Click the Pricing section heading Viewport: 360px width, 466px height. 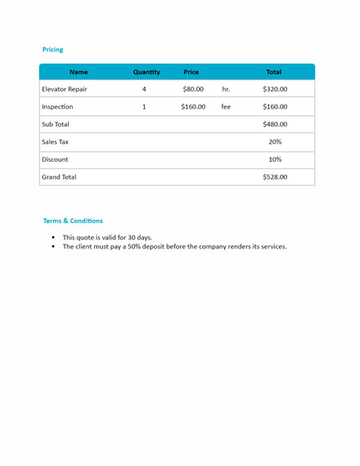point(52,50)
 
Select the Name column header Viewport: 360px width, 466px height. point(79,72)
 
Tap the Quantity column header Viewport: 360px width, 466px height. point(146,72)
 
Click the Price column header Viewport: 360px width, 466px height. point(191,72)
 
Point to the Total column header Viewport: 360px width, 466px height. point(273,72)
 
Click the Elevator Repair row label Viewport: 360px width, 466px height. point(65,89)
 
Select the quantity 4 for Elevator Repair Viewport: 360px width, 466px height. point(144,89)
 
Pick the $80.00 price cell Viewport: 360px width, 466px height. point(193,89)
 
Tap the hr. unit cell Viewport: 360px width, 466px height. point(226,89)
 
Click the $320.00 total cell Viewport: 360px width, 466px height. point(275,89)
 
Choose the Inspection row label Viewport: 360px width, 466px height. point(57,106)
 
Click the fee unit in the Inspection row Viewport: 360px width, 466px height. point(226,106)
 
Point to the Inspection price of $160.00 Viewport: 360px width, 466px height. point(193,106)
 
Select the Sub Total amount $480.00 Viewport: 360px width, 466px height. point(275,124)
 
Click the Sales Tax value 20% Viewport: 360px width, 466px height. point(275,141)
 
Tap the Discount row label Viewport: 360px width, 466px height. point(55,159)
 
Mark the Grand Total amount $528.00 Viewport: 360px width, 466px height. point(275,177)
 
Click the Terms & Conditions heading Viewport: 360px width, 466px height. point(73,221)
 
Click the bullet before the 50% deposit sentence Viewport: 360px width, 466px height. point(53,246)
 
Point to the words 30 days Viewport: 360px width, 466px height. point(139,237)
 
